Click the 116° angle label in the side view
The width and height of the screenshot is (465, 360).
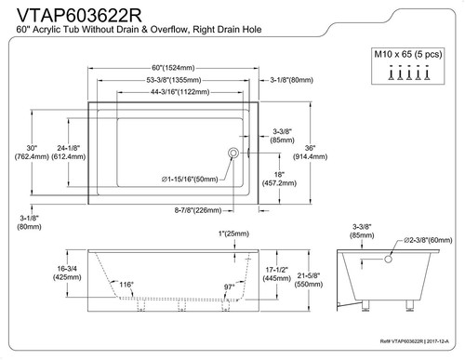point(126,284)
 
